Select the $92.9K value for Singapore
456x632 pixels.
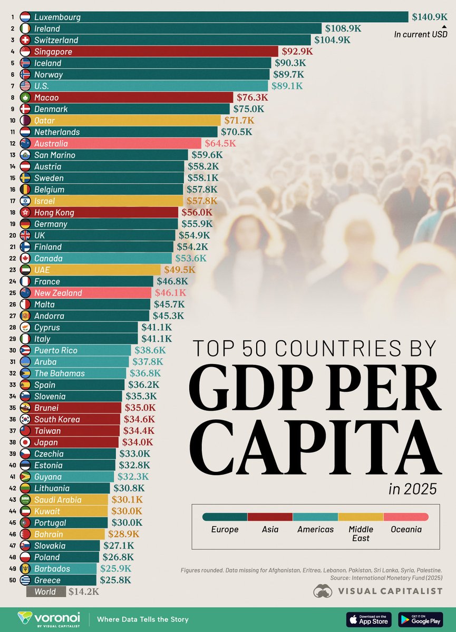click(x=297, y=52)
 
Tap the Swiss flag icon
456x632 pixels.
click(x=25, y=40)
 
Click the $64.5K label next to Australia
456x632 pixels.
click(x=220, y=143)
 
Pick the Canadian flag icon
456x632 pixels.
click(x=25, y=259)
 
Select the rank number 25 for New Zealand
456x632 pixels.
click(x=12, y=293)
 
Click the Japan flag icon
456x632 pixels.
click(x=25, y=442)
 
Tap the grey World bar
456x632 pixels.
click(x=46, y=592)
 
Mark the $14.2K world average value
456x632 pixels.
click(x=84, y=592)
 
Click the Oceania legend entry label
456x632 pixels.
click(x=405, y=529)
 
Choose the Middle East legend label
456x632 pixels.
click(x=361, y=534)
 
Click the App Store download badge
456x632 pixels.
click(x=368, y=619)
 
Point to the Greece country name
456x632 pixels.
click(x=47, y=580)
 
